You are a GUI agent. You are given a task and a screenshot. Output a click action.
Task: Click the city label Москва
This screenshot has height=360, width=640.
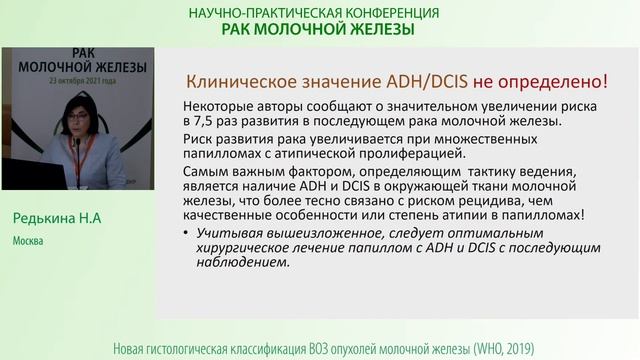point(29,241)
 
